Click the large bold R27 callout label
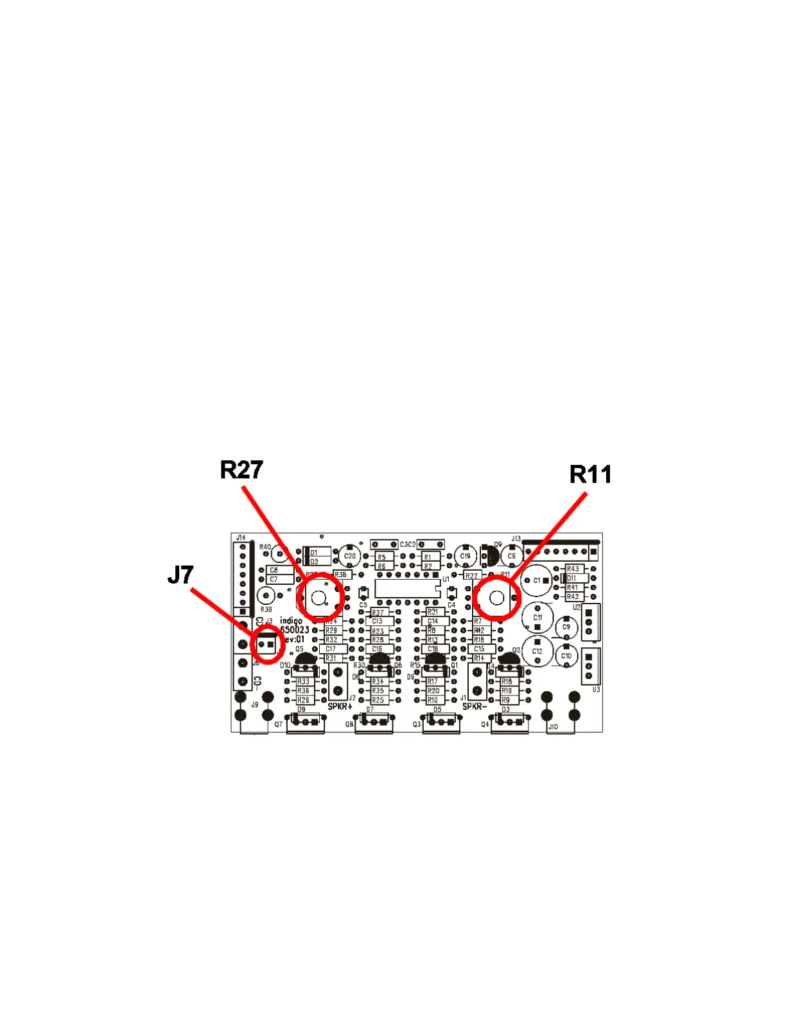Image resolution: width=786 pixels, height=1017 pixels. coord(241,470)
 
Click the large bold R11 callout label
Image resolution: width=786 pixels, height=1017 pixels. coord(590,474)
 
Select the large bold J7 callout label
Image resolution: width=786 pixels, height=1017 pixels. coord(180,575)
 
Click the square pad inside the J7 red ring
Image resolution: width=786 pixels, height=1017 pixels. coord(271,643)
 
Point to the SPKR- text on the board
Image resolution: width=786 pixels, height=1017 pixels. coord(475,706)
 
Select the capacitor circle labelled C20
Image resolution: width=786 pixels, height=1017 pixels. coord(350,556)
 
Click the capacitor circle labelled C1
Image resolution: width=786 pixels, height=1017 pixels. coord(537,580)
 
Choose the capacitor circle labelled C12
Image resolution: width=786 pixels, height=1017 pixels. coord(537,651)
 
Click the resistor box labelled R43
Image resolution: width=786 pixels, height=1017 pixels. coord(573,569)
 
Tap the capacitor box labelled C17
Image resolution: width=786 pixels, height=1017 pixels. coord(331,649)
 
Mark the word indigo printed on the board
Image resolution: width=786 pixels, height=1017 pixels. coord(292,621)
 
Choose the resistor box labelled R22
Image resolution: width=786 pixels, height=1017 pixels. coord(472,576)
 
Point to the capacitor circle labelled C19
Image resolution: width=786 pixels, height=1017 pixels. coord(465,556)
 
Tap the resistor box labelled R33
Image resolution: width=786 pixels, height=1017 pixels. coord(304,682)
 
